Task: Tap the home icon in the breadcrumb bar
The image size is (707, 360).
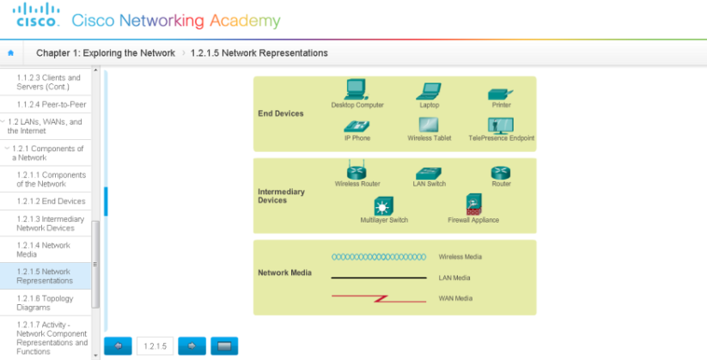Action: pyautogui.click(x=10, y=53)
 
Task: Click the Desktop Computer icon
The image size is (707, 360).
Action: pyautogui.click(x=356, y=89)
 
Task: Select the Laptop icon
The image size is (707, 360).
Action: pyautogui.click(x=429, y=90)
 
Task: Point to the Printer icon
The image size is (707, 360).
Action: pyautogui.click(x=500, y=93)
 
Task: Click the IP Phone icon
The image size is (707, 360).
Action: pyautogui.click(x=357, y=125)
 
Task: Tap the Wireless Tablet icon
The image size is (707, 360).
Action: pyautogui.click(x=429, y=125)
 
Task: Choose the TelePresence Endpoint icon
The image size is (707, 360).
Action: pyautogui.click(x=500, y=125)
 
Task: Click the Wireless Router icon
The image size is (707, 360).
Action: pyautogui.click(x=357, y=169)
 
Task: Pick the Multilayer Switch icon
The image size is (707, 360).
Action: pyautogui.click(x=383, y=206)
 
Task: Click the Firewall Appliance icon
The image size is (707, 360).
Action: pyautogui.click(x=473, y=204)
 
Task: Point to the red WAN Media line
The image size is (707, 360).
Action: pyautogui.click(x=379, y=297)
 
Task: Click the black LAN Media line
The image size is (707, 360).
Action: pyautogui.click(x=379, y=278)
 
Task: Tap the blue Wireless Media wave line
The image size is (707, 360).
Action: pyautogui.click(x=379, y=257)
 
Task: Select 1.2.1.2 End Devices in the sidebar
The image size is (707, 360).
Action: pyautogui.click(x=51, y=201)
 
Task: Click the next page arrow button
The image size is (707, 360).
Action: pyautogui.click(x=192, y=345)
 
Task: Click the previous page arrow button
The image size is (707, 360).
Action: pyautogui.click(x=118, y=345)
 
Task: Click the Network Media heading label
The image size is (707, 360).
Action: pyautogui.click(x=284, y=273)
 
